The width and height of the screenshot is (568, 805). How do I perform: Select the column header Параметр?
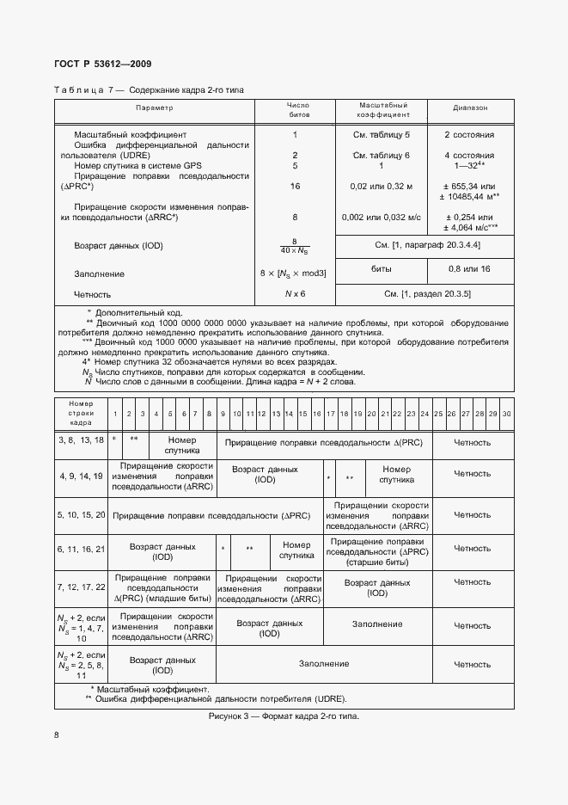pyautogui.click(x=154, y=108)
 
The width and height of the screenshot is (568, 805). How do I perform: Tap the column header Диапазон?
pyautogui.click(x=470, y=108)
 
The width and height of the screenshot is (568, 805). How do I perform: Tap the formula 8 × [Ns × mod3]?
pyautogui.click(x=295, y=273)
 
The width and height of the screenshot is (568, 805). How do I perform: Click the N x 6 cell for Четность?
pyautogui.click(x=295, y=294)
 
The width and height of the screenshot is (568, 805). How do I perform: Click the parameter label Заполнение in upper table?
pyautogui.click(x=100, y=273)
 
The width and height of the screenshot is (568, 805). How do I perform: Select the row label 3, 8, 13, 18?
pyautogui.click(x=81, y=439)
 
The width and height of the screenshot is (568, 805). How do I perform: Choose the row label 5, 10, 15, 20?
pyautogui.click(x=81, y=514)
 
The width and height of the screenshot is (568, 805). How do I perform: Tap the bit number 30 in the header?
pyautogui.click(x=506, y=415)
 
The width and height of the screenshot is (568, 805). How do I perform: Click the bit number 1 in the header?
pyautogui.click(x=115, y=415)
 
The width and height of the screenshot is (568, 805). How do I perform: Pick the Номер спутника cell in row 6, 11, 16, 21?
pyautogui.click(x=296, y=549)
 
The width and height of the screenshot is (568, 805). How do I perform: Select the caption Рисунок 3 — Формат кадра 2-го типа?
pyautogui.click(x=284, y=716)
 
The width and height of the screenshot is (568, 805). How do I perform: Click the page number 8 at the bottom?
pyautogui.click(x=57, y=735)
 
